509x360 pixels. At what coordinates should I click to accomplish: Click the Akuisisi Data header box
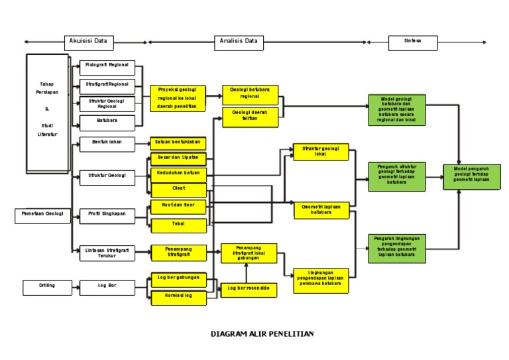coord(89,42)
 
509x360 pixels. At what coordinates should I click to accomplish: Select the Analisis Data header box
coord(239,42)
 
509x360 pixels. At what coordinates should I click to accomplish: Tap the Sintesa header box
coord(412,41)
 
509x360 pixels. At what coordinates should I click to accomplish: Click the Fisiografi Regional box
coord(107,68)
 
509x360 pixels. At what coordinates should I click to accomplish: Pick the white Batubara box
coord(107,122)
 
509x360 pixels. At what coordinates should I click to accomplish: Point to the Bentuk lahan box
coord(107,142)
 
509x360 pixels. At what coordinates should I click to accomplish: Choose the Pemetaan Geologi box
coord(42,215)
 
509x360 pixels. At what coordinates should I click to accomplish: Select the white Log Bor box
coord(107,287)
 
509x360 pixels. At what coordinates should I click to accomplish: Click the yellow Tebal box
coord(178,225)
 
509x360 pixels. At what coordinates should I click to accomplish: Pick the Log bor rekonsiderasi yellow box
coord(249,289)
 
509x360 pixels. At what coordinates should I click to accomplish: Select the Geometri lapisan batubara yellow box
coord(321,210)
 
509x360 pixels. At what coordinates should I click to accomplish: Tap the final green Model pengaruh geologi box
coord(471,176)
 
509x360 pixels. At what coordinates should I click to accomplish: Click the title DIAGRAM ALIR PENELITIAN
coord(262,334)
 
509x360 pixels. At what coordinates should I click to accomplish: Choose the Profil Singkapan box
coord(107,214)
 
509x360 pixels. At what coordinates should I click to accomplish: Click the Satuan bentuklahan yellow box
coord(178,143)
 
